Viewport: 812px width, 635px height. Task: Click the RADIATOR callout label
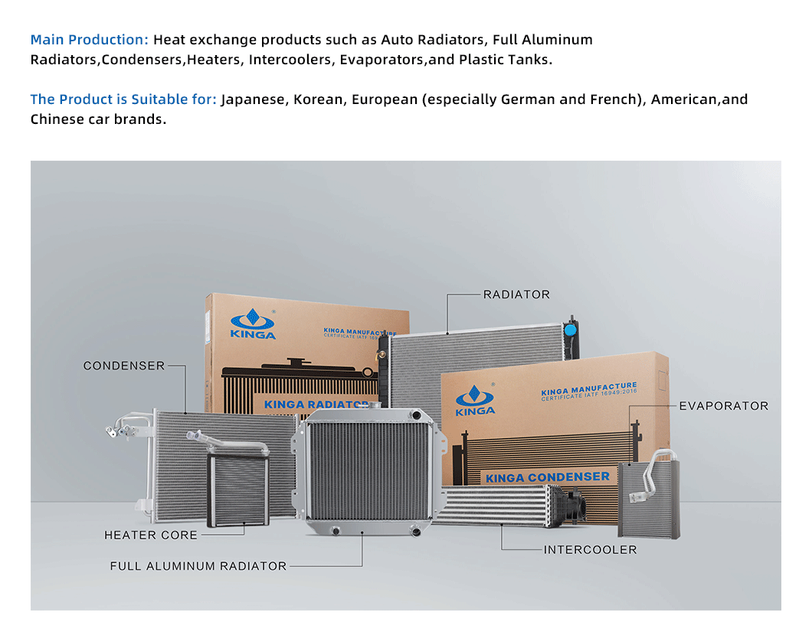click(x=516, y=295)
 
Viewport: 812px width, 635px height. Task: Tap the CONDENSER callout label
click(x=124, y=366)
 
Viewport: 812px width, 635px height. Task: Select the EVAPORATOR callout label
click(x=723, y=406)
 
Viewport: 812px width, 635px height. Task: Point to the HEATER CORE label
click(x=151, y=536)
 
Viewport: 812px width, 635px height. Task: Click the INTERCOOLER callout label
click(x=590, y=550)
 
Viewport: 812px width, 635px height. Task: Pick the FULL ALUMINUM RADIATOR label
click(x=198, y=567)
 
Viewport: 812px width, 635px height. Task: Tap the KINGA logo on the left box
click(x=253, y=323)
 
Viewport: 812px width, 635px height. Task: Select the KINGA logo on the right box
click(x=475, y=399)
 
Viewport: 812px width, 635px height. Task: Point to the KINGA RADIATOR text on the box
click(x=316, y=404)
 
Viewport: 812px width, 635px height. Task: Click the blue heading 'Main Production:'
click(x=90, y=40)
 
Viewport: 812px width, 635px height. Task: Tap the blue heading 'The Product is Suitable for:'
click(x=123, y=99)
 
